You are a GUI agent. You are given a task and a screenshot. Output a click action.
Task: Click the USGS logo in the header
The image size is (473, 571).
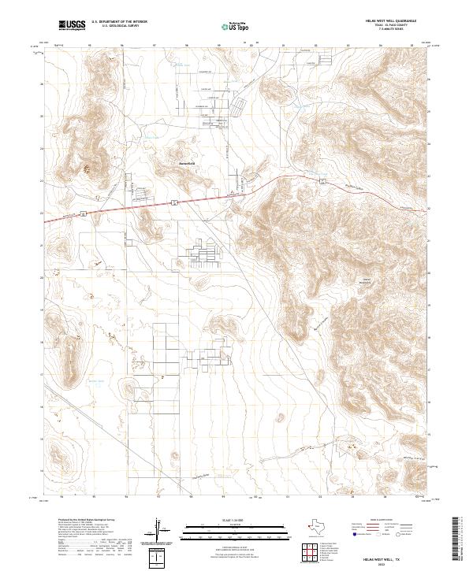72,26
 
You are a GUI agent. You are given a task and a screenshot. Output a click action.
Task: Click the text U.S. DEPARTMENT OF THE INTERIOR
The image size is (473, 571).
119,23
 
